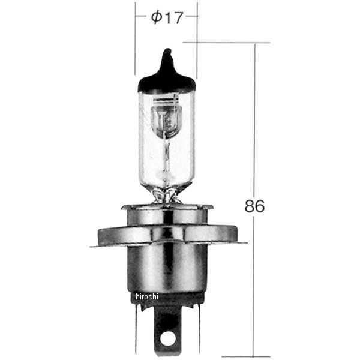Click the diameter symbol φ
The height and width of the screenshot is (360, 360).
pos(155,19)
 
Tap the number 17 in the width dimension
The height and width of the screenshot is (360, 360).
pos(173,19)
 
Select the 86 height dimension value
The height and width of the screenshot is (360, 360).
pos(254,206)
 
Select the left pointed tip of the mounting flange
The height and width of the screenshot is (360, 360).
pos(91,245)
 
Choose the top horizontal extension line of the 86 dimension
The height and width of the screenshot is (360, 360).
pos(228,42)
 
